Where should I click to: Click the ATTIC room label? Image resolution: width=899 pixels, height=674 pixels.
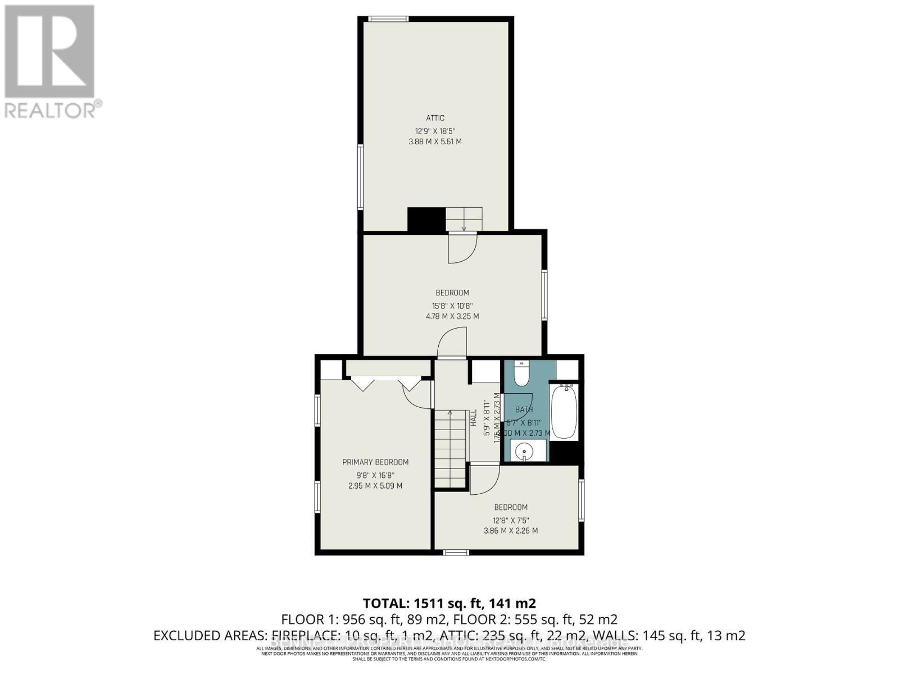[x=435, y=118]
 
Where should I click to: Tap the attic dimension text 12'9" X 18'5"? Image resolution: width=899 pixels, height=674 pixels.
[x=435, y=131]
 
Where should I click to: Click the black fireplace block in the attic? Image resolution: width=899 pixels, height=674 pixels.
[x=426, y=219]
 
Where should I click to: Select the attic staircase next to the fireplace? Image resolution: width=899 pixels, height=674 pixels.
[x=464, y=218]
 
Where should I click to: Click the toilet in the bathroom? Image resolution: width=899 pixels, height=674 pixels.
[x=521, y=374]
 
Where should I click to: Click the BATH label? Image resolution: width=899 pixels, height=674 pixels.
[x=524, y=409]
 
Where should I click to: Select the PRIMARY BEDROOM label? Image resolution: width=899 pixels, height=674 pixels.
[x=375, y=462]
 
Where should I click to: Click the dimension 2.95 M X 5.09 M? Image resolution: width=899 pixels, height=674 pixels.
[x=375, y=486]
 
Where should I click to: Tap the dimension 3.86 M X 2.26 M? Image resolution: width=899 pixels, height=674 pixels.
[x=511, y=531]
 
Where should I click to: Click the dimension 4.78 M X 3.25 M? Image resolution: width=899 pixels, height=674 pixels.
[x=452, y=316]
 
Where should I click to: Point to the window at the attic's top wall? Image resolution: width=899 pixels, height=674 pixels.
[x=388, y=20]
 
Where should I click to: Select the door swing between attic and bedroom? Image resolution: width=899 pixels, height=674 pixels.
[x=462, y=248]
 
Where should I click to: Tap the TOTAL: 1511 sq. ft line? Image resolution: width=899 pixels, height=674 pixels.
[x=449, y=603]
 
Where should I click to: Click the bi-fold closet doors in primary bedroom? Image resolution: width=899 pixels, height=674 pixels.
[x=385, y=384]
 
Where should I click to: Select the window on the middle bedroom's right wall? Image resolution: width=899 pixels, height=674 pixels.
[x=544, y=295]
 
